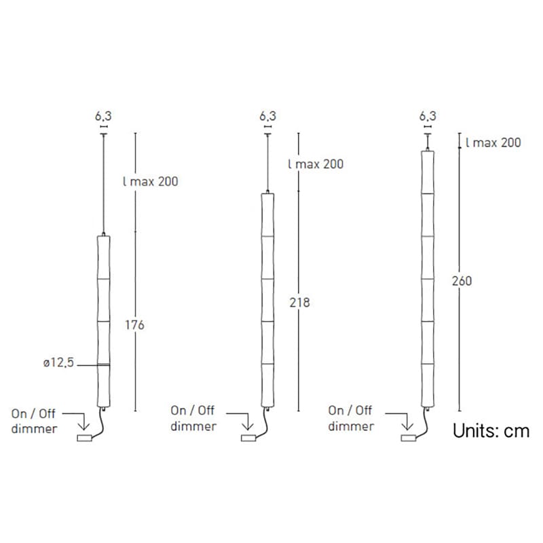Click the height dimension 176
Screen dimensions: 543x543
point(135,325)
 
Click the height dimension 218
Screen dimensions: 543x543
point(299,303)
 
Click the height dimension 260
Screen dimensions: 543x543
point(461,281)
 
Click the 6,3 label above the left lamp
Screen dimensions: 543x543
point(104,116)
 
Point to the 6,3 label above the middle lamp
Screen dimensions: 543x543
point(268,116)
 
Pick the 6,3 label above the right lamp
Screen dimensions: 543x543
point(428,116)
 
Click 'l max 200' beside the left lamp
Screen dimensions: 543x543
point(151,182)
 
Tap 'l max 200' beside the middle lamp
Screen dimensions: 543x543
point(316,164)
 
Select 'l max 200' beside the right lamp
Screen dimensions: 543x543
point(493,143)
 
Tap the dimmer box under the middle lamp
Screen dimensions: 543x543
point(248,438)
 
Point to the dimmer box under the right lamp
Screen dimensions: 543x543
point(408,438)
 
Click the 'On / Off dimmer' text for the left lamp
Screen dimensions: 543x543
point(34,421)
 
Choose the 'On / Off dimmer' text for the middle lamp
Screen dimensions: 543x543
point(194,419)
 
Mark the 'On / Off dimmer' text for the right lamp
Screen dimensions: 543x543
point(351,419)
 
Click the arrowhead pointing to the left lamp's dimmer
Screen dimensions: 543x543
point(86,428)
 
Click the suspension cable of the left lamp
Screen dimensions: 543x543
point(103,183)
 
